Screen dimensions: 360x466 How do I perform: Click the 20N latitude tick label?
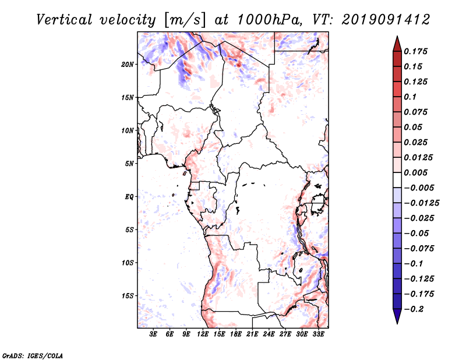pos(128,64)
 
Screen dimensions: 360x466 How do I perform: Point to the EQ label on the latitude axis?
pos(129,197)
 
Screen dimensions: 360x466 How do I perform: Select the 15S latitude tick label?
pos(128,296)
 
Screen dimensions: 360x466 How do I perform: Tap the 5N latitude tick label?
pos(129,164)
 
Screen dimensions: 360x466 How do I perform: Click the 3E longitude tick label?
pos(153,334)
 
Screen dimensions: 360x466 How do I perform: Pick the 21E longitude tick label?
pos(252,334)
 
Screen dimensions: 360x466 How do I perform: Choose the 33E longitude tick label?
pos(318,334)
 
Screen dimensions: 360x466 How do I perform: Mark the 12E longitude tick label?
pos(203,334)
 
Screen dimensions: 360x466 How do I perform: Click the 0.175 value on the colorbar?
pos(416,51)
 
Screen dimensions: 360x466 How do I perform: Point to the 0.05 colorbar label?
pos(414,127)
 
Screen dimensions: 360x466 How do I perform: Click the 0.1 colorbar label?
pos(411,97)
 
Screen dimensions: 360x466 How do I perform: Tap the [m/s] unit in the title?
pos(185,20)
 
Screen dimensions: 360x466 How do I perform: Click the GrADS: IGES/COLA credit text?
pos(33,355)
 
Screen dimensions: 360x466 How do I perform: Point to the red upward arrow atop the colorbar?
pos(396,43)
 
